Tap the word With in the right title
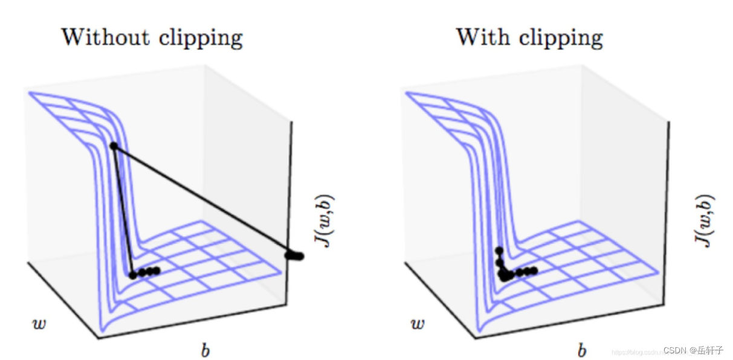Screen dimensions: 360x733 pos(480,37)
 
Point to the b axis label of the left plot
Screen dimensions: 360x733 pos(205,350)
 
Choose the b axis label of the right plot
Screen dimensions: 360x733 pos(581,350)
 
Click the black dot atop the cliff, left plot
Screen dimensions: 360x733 pos(113,146)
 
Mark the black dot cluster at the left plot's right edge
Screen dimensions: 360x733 pos(295,256)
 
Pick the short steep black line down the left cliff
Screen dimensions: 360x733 pos(123,211)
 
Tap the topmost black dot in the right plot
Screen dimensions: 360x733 pos(499,250)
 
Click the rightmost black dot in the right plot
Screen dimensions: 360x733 pos(534,271)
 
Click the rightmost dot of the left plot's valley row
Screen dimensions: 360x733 pos(157,271)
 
